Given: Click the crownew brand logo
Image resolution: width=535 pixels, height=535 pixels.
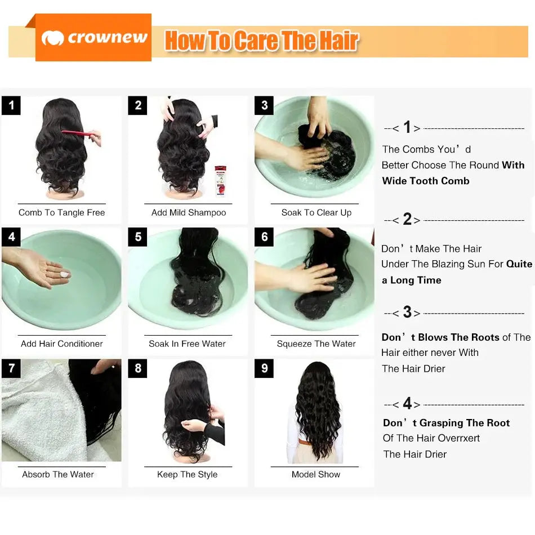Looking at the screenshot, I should click(93, 38).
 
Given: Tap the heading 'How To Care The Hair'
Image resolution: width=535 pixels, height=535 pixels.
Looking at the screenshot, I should click(261, 41).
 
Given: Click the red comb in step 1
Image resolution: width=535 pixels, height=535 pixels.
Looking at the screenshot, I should click(78, 133).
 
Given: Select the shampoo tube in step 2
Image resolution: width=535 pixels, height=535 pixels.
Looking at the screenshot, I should click(220, 180).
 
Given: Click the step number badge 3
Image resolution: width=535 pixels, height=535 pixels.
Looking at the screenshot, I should click(264, 105).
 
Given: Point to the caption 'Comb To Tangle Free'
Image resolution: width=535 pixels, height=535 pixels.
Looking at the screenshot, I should click(61, 213).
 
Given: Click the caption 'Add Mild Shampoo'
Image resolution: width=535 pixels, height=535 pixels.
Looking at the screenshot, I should click(189, 213).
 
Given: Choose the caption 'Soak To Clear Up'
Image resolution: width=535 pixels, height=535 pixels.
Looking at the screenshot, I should click(316, 213).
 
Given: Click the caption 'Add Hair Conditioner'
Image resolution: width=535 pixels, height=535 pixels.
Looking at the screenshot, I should click(61, 344).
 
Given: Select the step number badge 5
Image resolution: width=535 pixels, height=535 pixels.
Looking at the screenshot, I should click(138, 237).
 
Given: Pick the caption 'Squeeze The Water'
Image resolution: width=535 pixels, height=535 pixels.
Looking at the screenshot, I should click(316, 344).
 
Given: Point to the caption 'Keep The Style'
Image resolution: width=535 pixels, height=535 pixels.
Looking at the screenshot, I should click(187, 475).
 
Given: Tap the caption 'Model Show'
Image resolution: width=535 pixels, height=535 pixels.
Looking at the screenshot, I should click(315, 475).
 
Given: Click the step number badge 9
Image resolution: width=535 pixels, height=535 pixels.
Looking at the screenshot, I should click(264, 369).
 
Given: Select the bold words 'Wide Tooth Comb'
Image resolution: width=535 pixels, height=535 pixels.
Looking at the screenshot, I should click(426, 181).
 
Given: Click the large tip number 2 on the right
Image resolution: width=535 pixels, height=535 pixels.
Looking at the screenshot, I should click(407, 219).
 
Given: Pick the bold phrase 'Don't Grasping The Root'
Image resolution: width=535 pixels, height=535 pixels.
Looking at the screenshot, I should click(446, 423).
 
